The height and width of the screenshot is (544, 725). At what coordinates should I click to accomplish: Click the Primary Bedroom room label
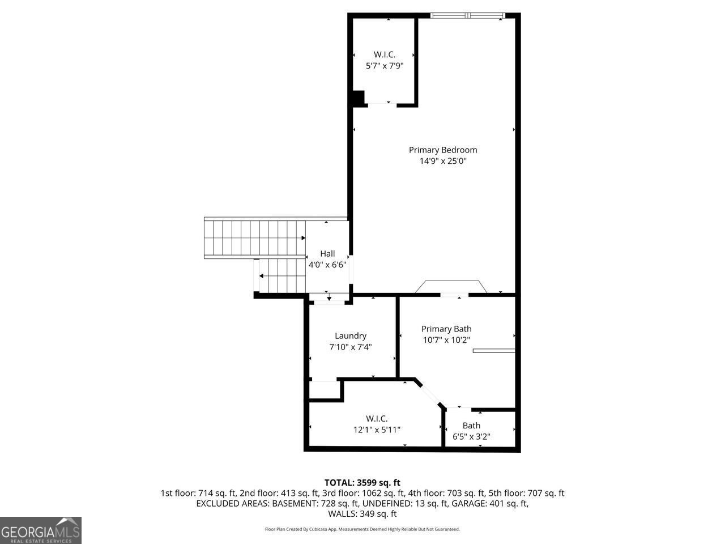443,150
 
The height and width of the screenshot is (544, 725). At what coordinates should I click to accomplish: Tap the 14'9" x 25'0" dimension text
443,161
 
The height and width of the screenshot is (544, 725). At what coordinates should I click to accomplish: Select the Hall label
327,254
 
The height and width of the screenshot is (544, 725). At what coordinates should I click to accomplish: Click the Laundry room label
351,336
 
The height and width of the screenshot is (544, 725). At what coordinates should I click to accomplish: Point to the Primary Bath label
446,329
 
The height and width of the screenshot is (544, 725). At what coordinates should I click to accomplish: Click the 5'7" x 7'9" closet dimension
385,66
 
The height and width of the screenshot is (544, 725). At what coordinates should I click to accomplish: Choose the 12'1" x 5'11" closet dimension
377,430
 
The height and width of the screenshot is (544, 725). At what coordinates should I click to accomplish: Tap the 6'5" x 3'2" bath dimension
471,437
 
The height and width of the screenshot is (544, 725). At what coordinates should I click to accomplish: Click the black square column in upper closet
357,98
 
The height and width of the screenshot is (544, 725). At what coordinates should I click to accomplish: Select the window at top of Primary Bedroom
467,15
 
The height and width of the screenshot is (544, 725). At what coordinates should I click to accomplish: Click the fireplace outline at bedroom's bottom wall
451,287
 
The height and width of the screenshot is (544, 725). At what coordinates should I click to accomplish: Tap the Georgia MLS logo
41,530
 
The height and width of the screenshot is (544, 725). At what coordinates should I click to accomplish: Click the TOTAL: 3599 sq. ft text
362,483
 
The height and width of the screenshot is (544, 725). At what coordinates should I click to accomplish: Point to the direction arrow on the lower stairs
262,276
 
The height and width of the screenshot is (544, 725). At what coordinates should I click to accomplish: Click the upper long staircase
255,238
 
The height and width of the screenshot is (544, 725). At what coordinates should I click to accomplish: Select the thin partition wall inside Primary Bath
494,351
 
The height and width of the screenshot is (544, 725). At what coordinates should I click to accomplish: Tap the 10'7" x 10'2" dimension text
446,341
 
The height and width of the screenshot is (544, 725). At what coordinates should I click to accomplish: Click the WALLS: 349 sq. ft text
362,514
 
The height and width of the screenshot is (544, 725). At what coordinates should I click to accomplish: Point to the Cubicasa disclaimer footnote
362,529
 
